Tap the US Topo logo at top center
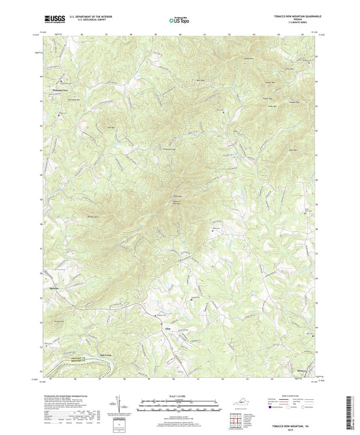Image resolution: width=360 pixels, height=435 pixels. coord(178,20)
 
